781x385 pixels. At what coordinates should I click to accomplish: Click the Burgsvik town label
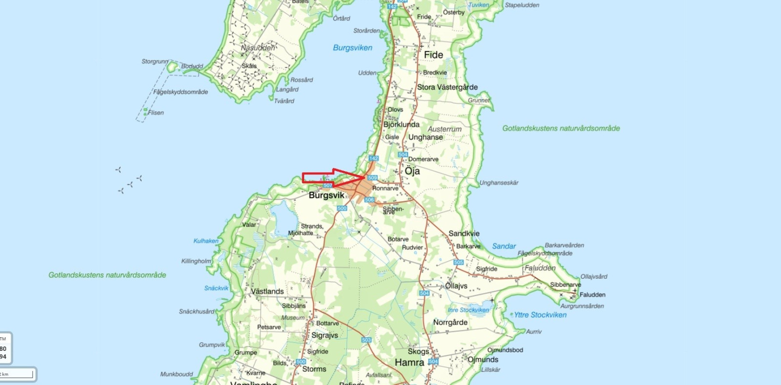coord(327,195)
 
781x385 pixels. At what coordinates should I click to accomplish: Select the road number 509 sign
coord(372,177)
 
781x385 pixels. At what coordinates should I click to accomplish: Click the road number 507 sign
coord(328,185)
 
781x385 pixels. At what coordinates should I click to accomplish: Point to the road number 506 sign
coord(370,200)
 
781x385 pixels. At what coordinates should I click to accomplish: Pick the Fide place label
coord(433,55)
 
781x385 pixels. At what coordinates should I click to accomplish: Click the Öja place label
coord(412,171)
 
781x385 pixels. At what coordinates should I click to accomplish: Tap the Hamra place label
coord(409,363)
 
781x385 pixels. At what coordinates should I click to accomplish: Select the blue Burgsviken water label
coord(352,48)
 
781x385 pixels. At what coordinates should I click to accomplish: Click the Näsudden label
coord(258,48)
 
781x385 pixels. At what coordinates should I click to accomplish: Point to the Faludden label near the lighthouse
coord(592,295)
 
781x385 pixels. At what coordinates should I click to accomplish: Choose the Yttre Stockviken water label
coord(540,315)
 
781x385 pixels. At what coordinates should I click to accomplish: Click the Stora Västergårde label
coord(447,87)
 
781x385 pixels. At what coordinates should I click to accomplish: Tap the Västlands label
coord(267,291)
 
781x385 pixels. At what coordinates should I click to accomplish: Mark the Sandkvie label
coord(464,233)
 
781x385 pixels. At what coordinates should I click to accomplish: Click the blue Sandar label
coord(504,246)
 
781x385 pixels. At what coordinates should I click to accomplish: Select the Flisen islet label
coord(156,113)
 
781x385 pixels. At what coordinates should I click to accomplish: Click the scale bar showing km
coord(18,374)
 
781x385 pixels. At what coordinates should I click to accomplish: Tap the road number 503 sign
coord(367,340)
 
